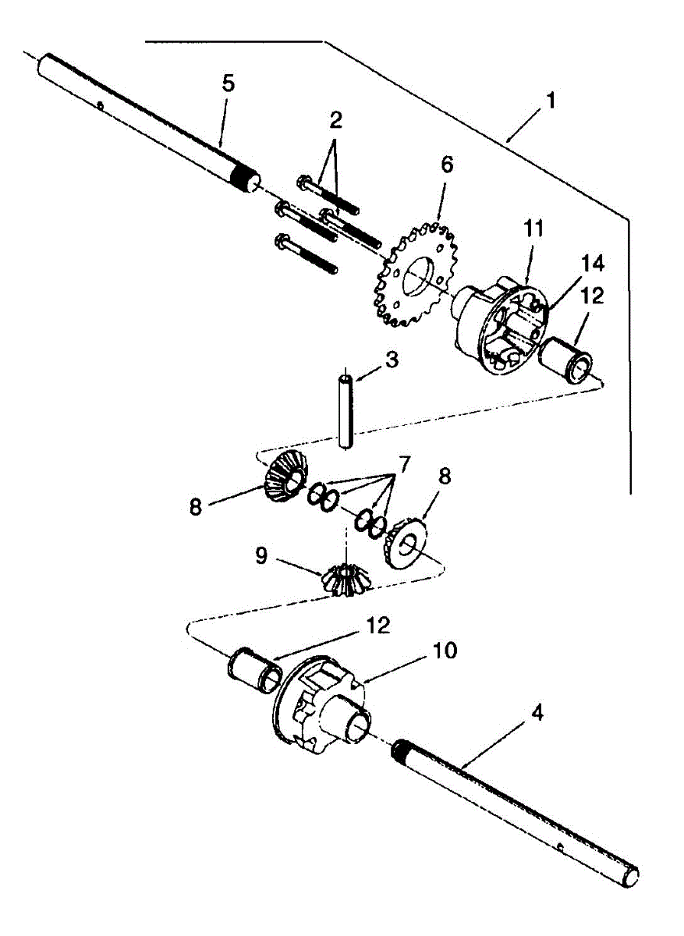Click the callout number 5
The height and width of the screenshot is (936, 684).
point(228,84)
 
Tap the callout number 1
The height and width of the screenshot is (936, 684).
point(551,101)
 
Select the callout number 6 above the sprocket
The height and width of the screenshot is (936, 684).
point(446,165)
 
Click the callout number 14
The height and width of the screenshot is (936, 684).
point(592,263)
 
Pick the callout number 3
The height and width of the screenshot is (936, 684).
point(392,360)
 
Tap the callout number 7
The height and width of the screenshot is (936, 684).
point(404,466)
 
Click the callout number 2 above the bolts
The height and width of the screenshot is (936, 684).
point(335,121)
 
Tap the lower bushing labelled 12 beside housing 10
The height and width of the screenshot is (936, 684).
point(254,670)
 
